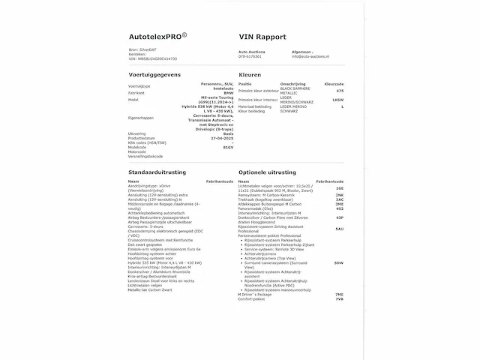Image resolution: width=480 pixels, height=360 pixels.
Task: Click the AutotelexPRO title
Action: [x=159, y=35]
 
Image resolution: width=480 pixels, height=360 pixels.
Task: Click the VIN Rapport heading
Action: [x=262, y=35]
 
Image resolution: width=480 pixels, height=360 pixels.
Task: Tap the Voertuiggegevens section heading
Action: [x=156, y=76]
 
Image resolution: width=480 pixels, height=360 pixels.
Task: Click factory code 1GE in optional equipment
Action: [x=339, y=189]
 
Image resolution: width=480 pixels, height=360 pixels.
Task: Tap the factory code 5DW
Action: [x=339, y=262]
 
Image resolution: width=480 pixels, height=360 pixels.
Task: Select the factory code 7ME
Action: [x=339, y=295]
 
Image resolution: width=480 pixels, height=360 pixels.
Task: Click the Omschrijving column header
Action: [x=292, y=83]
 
